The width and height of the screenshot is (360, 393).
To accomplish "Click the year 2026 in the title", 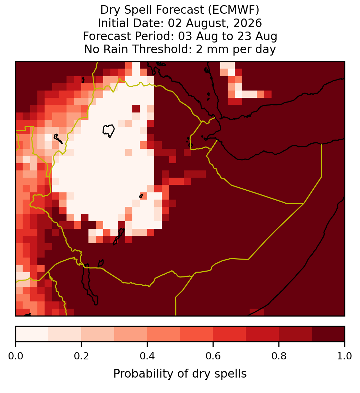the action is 248,23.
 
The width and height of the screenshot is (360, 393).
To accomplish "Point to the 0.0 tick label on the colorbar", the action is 15,356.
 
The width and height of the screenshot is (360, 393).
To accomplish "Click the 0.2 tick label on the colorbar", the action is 81,356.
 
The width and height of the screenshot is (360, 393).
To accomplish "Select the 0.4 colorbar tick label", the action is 147,356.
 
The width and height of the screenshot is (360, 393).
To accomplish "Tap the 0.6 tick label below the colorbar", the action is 213,356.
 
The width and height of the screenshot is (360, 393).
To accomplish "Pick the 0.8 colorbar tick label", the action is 279,356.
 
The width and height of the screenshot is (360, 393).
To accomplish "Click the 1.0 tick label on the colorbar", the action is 345,356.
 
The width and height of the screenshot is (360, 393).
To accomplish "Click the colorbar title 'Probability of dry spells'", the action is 180,374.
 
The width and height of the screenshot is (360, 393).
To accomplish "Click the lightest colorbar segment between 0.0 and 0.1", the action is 32,334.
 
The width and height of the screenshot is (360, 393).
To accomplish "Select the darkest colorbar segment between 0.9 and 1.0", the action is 328,334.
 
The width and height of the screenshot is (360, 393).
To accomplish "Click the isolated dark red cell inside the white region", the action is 136,109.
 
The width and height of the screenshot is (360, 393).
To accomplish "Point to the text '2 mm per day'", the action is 236,49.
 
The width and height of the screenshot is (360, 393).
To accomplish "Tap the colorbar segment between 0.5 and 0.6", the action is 197,334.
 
